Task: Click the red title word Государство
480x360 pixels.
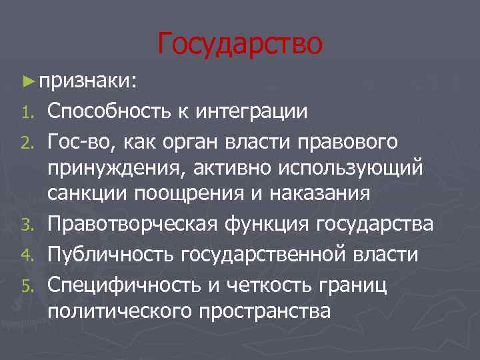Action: click(x=240, y=43)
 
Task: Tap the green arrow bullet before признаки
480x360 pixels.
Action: click(x=27, y=81)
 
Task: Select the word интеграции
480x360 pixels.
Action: click(x=252, y=111)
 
